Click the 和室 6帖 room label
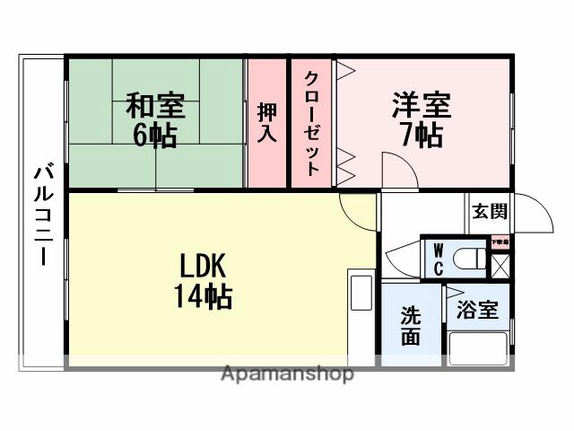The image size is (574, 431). click(155, 119)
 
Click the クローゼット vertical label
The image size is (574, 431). click(312, 122)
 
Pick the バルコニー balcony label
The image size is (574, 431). click(41, 214)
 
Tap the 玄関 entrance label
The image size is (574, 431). click(490, 212)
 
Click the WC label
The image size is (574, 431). click(439, 259)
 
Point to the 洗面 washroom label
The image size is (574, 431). click(411, 327)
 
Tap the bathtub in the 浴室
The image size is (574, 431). click(478, 348)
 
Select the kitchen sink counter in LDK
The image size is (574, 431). click(361, 293)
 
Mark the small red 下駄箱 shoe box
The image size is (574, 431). click(499, 242)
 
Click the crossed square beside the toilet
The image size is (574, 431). click(500, 266)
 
